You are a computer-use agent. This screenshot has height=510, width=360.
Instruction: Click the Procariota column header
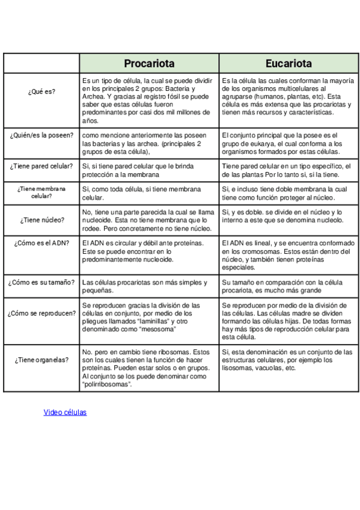[149, 63]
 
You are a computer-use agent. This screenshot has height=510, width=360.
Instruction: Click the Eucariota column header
[288, 63]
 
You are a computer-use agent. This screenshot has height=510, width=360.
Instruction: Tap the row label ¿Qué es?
[41, 91]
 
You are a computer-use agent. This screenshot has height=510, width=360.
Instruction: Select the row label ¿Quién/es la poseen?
[41, 135]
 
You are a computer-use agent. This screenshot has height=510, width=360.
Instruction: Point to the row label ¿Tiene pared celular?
[41, 166]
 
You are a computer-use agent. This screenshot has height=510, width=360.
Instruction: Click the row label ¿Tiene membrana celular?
[41, 192]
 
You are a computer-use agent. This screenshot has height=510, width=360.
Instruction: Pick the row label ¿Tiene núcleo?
[41, 220]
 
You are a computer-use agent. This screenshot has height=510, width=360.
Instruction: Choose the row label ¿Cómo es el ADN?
[41, 243]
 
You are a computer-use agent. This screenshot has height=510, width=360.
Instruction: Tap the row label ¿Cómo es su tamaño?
[41, 282]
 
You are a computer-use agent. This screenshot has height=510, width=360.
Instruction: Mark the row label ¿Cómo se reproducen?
[41, 313]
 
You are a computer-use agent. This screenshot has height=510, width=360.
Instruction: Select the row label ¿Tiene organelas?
[41, 360]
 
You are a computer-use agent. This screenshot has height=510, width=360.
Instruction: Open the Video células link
[65, 413]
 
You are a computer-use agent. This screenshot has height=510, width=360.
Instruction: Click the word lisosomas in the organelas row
[236, 368]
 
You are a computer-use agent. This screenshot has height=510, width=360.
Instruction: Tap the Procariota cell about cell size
[149, 286]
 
